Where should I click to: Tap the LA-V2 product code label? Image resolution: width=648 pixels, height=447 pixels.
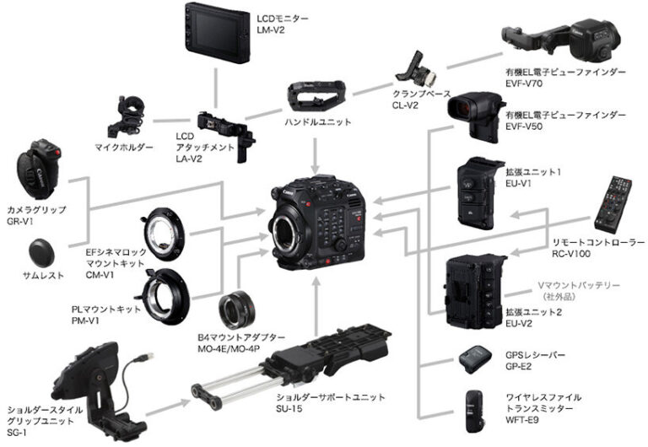pos(189,159)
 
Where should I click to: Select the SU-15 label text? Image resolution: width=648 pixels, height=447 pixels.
pos(292,410)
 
